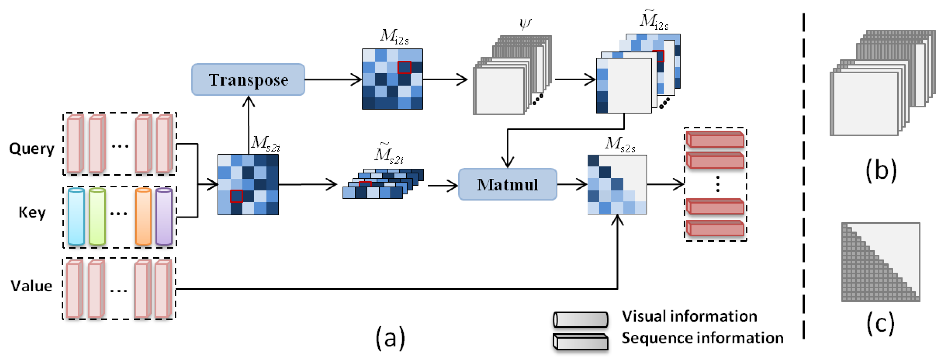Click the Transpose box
pyautogui.click(x=248, y=79)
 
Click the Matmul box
pyautogui.click(x=507, y=184)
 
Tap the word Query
pyautogui.click(x=32, y=148)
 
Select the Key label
pyautogui.click(x=32, y=212)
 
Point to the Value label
pyautogui.click(x=32, y=286)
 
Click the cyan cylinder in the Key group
pyautogui.click(x=76, y=216)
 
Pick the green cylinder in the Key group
pyautogui.click(x=97, y=216)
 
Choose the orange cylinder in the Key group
pyautogui.click(x=143, y=216)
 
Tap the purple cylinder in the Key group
pyautogui.click(x=164, y=216)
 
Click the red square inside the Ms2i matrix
pyautogui.click(x=236, y=196)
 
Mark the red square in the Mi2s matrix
pyautogui.click(x=404, y=67)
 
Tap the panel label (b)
pyautogui.click(x=881, y=170)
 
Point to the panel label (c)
pyautogui.click(x=880, y=323)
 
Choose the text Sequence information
pyautogui.click(x=703, y=338)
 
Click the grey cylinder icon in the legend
pyautogui.click(x=581, y=319)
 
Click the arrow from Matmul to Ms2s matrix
pyautogui.click(x=572, y=184)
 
